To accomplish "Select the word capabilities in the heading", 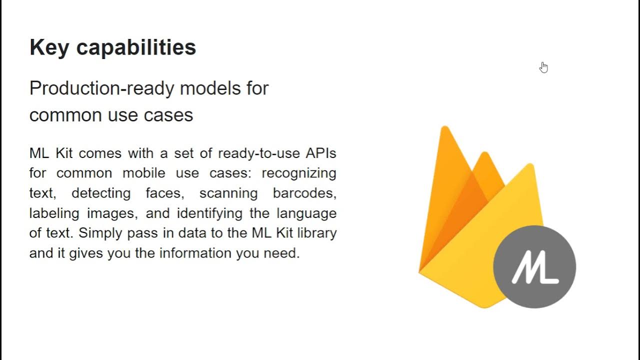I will tap(136, 48).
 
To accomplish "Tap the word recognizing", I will tap(299, 173).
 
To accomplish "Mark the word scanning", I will tap(228, 193).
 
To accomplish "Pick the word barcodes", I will tap(304, 193).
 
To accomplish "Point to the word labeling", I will tap(54, 213).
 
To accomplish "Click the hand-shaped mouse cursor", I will tap(543, 67).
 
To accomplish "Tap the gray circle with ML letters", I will tap(534, 267).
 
